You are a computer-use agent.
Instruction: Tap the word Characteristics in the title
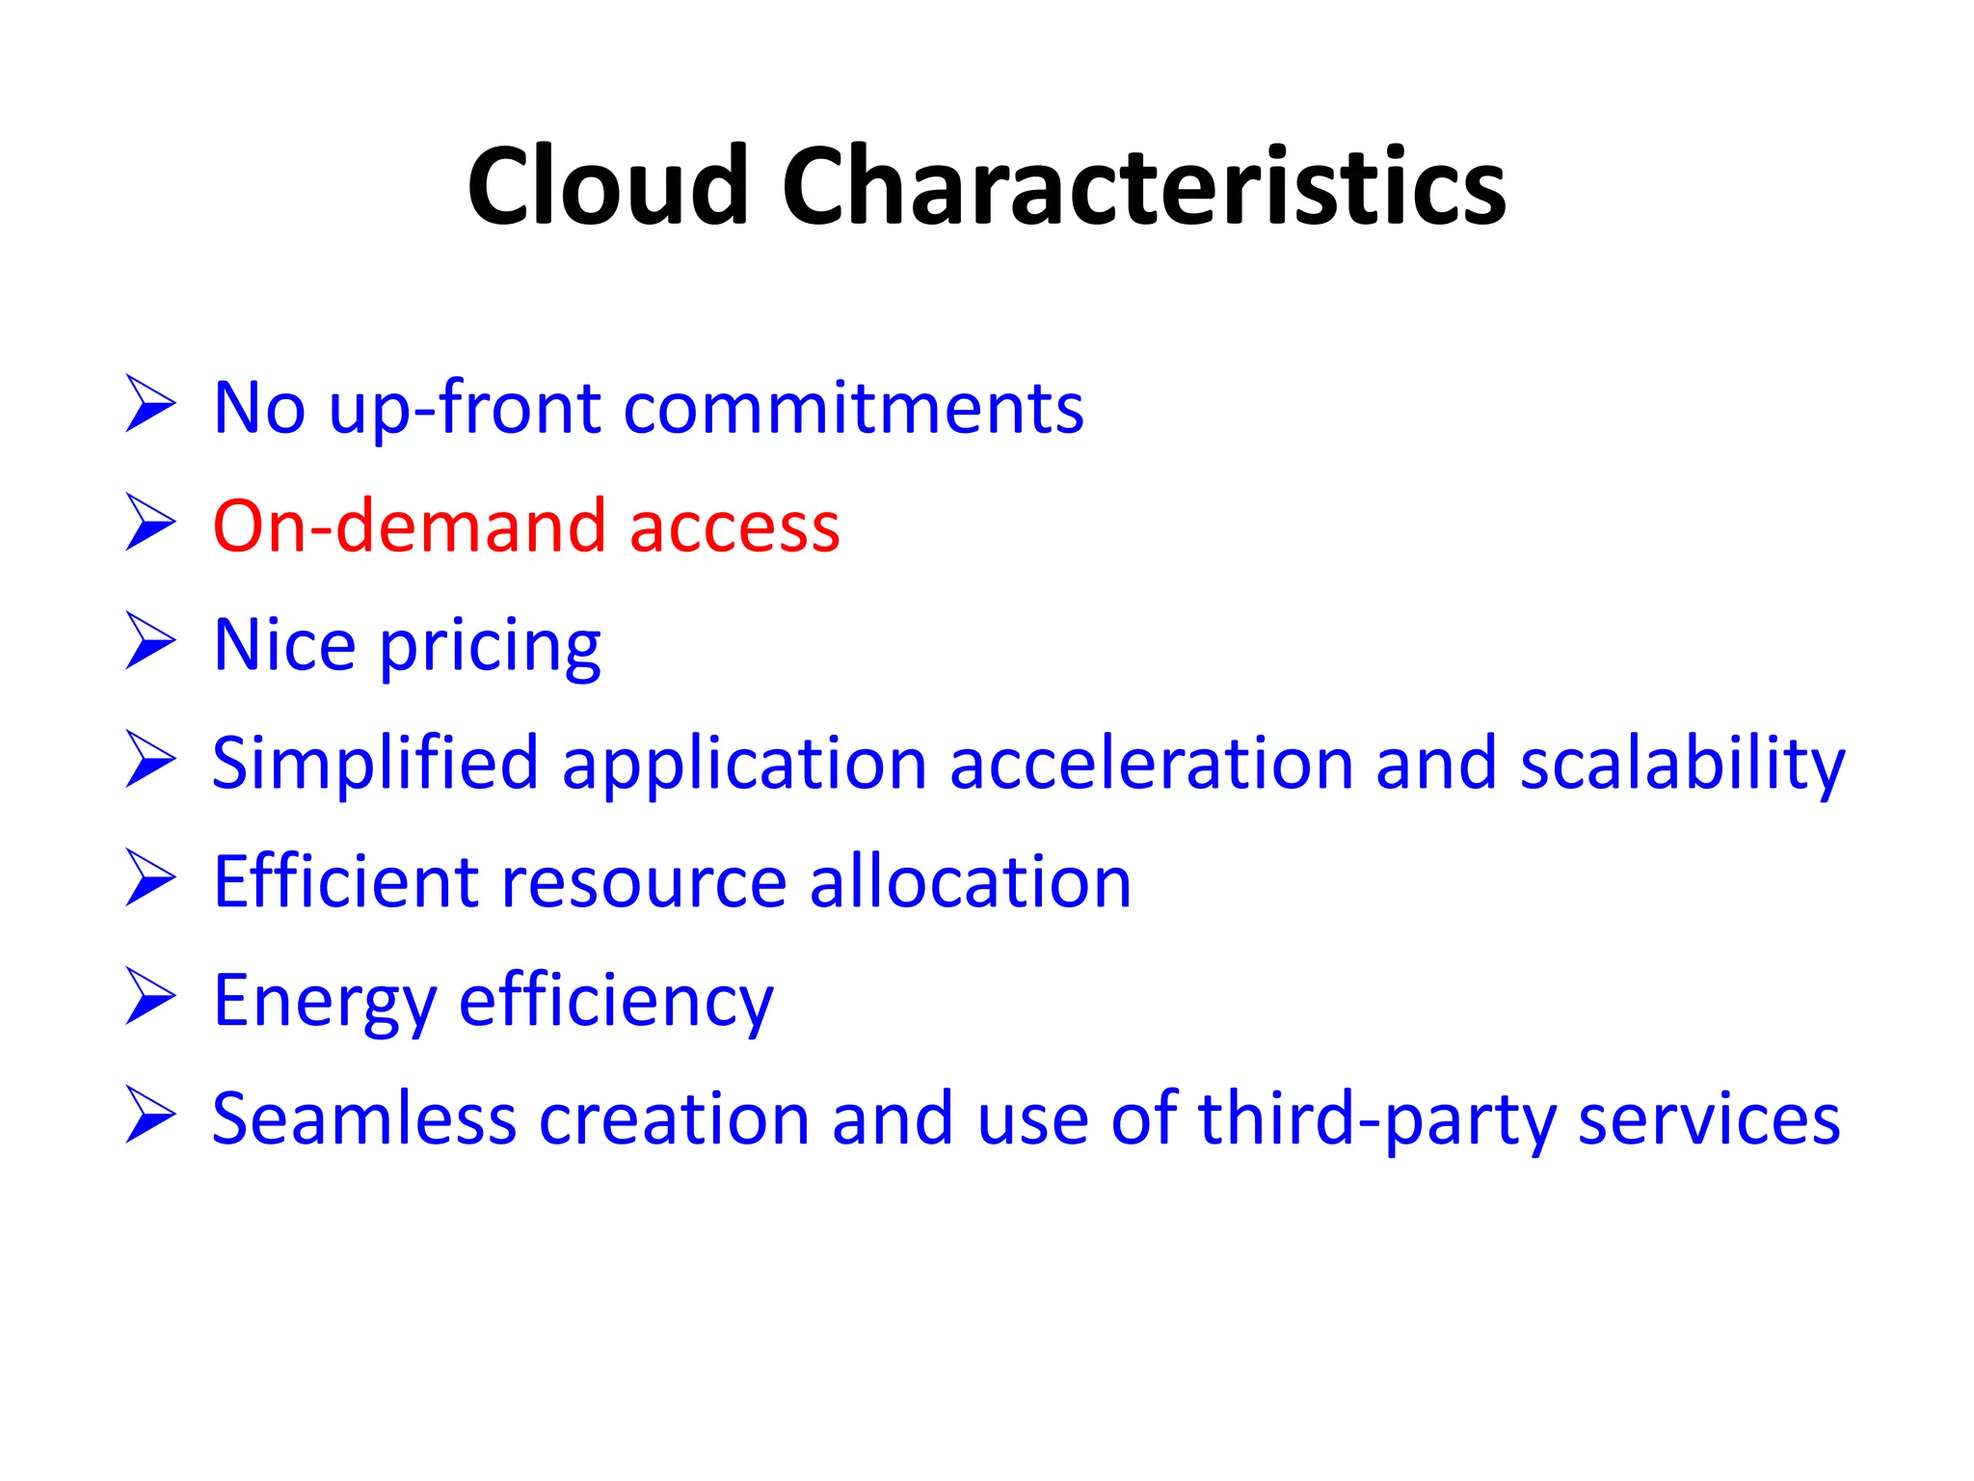point(1143,185)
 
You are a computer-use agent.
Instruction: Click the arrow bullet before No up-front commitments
point(150,405)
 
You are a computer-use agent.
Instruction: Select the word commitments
point(853,409)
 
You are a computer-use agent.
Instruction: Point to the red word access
point(734,529)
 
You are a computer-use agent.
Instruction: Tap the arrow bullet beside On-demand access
point(150,524)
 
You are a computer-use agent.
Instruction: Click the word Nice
point(284,645)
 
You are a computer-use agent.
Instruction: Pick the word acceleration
point(1152,765)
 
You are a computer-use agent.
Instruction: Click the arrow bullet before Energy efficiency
point(150,998)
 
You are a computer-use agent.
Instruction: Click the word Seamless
point(364,1119)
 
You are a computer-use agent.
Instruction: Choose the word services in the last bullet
point(1709,1121)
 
